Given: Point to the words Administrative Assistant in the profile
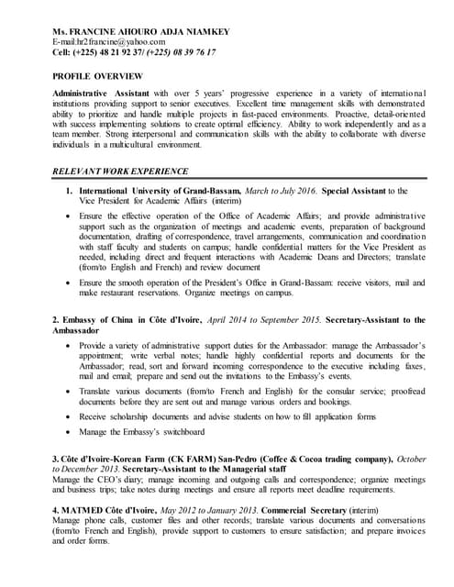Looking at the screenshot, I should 99,95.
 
